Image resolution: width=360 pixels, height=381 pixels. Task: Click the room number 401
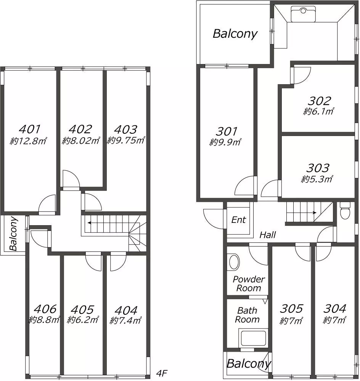(x=30, y=129)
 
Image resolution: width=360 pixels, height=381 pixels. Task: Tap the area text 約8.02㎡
(x=81, y=141)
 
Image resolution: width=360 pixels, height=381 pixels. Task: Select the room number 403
(x=125, y=130)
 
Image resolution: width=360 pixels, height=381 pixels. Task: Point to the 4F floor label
(x=162, y=373)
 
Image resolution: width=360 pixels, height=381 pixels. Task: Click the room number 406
(x=45, y=309)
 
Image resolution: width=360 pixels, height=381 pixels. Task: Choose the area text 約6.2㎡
(x=83, y=320)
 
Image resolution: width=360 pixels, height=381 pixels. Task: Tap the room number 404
(x=126, y=310)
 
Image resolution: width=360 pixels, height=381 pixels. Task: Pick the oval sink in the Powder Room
(x=234, y=262)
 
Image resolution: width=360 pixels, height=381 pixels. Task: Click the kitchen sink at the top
(x=303, y=14)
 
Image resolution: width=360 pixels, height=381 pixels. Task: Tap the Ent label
(x=239, y=220)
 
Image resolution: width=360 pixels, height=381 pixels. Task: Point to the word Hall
(x=268, y=235)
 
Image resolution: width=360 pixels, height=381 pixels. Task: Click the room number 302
(x=319, y=101)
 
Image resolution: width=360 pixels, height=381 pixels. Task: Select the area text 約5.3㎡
(x=317, y=179)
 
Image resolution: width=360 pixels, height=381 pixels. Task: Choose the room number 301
(x=226, y=131)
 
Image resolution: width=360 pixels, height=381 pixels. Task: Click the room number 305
(x=291, y=309)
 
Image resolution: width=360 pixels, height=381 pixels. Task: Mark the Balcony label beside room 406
(x=14, y=234)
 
